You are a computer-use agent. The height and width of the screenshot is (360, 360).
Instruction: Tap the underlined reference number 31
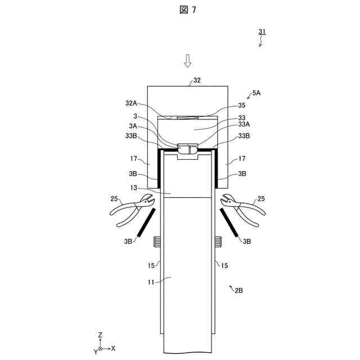[x=262, y=33]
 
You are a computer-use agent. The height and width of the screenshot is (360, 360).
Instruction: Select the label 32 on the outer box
[x=196, y=80]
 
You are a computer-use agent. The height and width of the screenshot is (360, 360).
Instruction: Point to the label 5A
[x=256, y=94]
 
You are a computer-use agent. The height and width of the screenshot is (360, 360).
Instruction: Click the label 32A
[x=131, y=103]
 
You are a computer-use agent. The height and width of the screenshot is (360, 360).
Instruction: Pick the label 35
[x=242, y=105]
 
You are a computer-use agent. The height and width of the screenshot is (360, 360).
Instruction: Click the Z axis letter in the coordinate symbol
[x=100, y=335]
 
